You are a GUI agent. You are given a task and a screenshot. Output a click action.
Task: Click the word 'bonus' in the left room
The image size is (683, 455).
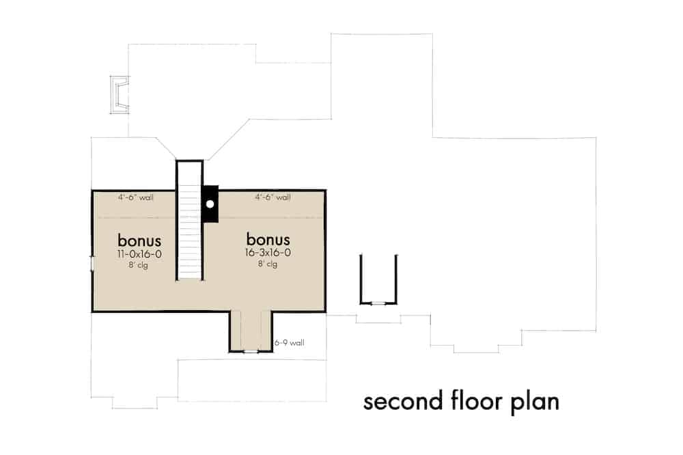[139, 240]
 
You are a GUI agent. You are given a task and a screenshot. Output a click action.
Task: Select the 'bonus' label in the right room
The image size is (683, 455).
[268, 240]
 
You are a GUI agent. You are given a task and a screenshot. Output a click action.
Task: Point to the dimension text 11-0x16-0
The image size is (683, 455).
[139, 253]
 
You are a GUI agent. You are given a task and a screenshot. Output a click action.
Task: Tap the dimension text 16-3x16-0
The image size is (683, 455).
[268, 253]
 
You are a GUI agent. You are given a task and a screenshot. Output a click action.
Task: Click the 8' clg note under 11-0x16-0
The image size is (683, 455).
[139, 265]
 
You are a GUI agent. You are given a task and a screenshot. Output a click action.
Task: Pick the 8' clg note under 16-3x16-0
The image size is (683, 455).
[268, 264]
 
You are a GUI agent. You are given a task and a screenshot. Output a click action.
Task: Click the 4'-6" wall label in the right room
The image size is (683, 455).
[273, 197]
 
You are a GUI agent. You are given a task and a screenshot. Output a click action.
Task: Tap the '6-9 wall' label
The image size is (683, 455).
[289, 343]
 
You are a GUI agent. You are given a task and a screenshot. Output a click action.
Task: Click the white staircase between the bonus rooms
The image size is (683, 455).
[190, 232]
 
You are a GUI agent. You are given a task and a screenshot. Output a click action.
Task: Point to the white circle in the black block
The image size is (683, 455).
[210, 204]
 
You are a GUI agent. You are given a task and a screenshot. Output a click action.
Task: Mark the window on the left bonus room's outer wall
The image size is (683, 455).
[92, 264]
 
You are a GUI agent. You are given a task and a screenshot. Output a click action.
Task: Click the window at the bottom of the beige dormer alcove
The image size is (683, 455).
[251, 351]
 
